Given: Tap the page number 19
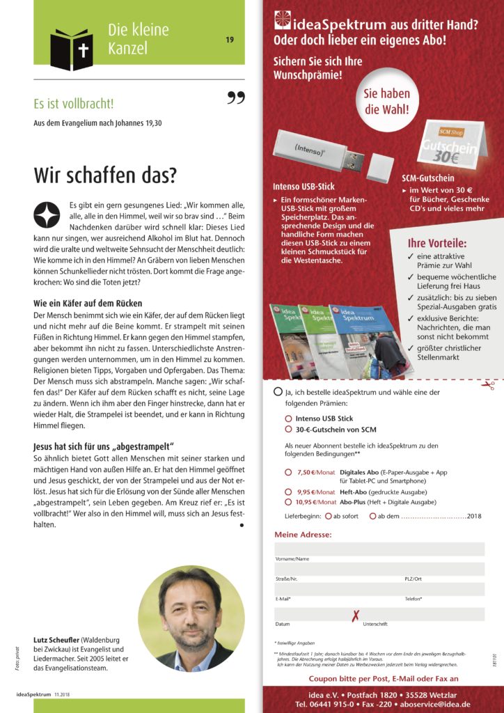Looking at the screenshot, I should tap(229, 40).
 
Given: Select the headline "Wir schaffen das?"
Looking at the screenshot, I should tap(105, 174).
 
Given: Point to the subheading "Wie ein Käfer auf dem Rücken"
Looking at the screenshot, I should tap(88, 304).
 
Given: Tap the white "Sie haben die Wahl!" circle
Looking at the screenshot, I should tap(387, 101).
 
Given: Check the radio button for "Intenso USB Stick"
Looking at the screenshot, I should tap(289, 418).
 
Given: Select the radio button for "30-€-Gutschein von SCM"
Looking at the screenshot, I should tap(289, 430).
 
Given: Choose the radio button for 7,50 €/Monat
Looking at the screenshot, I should tap(289, 472).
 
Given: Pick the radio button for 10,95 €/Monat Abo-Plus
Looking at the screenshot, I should tap(289, 501).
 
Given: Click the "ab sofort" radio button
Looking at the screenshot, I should tap(328, 516).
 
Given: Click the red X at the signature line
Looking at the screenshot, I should tap(356, 616).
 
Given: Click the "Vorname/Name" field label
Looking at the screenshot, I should tap(292, 559).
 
